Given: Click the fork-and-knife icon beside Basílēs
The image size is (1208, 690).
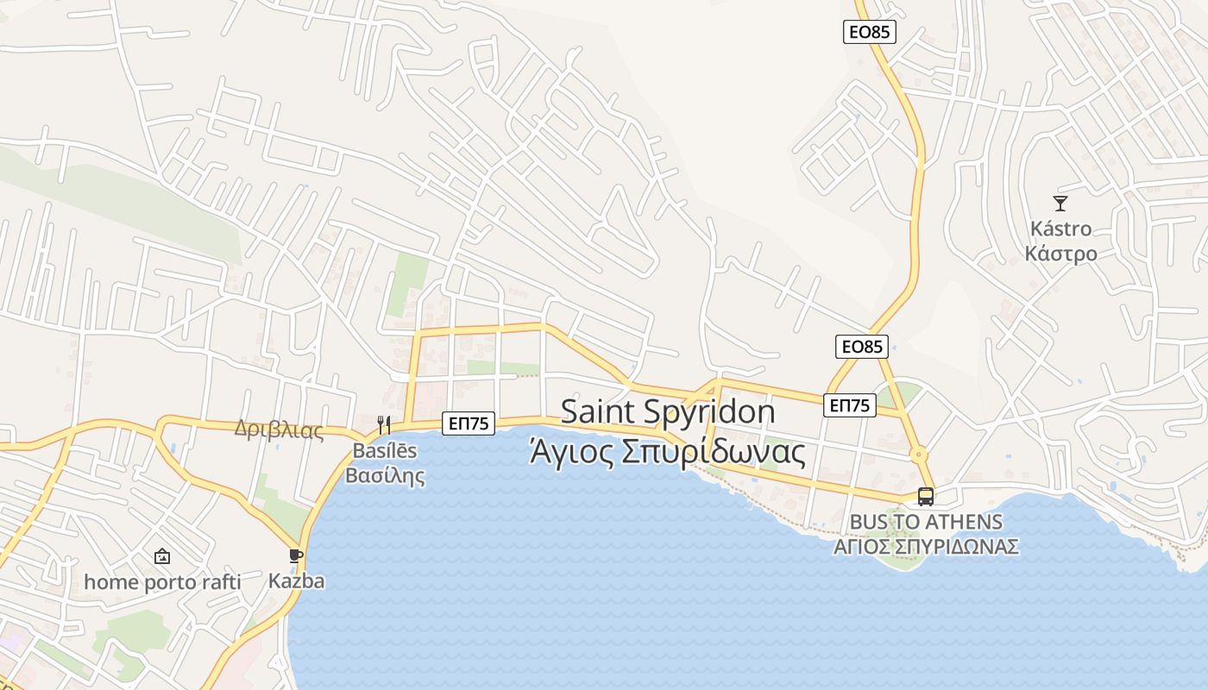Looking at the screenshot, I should click(384, 424).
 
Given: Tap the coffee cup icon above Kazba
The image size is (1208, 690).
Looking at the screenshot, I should click(296, 555).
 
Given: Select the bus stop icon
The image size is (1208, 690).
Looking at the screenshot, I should click(926, 497).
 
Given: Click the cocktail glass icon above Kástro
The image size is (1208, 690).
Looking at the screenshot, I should click(1060, 204).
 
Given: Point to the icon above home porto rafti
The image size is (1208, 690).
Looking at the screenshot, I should click(162, 556).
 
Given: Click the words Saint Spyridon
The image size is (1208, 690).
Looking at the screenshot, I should click(668, 411).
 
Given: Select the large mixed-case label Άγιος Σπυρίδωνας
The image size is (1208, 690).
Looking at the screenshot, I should click(667, 452).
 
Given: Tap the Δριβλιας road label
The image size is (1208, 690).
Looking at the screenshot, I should click(279, 430).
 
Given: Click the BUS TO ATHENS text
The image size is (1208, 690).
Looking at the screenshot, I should click(926, 522).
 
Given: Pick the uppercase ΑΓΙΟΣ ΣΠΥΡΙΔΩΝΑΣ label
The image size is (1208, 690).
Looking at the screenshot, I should click(926, 547).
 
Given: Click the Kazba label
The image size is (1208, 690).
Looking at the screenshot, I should click(296, 580).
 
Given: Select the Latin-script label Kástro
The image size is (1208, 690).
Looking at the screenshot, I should click(1060, 229).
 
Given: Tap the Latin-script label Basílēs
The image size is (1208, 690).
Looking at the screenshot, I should click(384, 450).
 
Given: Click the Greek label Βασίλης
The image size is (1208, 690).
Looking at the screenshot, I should click(385, 475).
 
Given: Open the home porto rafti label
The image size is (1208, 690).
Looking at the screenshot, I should click(162, 582).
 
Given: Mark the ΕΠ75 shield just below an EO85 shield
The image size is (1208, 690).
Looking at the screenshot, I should click(850, 405).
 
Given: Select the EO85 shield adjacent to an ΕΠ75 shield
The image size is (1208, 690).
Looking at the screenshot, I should click(862, 347).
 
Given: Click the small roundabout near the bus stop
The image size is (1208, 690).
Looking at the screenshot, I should click(919, 454).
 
